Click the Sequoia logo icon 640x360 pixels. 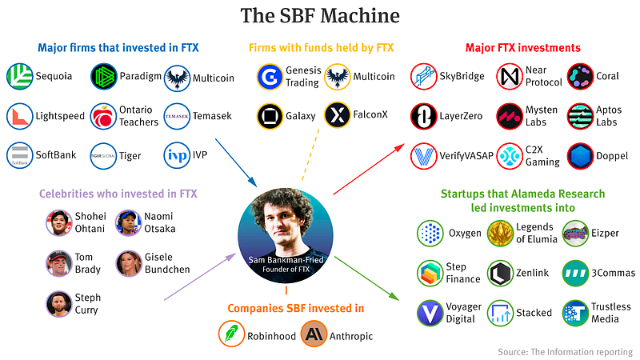19,76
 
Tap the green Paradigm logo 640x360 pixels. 104,76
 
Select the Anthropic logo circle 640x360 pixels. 314,334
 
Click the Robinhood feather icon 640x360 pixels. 231,334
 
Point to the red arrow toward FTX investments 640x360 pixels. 369,169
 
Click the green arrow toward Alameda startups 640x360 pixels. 366,278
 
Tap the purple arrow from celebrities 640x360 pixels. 200,277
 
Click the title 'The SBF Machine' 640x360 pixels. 320,16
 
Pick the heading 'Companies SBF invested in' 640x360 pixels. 295,308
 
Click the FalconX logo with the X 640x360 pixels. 337,114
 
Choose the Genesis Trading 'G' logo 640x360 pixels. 270,77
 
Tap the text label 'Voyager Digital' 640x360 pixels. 463,313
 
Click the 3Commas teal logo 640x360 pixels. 575,273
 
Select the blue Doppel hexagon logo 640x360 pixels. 580,156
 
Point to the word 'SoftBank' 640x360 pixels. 56,155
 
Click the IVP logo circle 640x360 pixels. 177,155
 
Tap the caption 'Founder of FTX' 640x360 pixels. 286,270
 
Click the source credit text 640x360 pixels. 566,352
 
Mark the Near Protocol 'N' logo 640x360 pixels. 510,76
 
